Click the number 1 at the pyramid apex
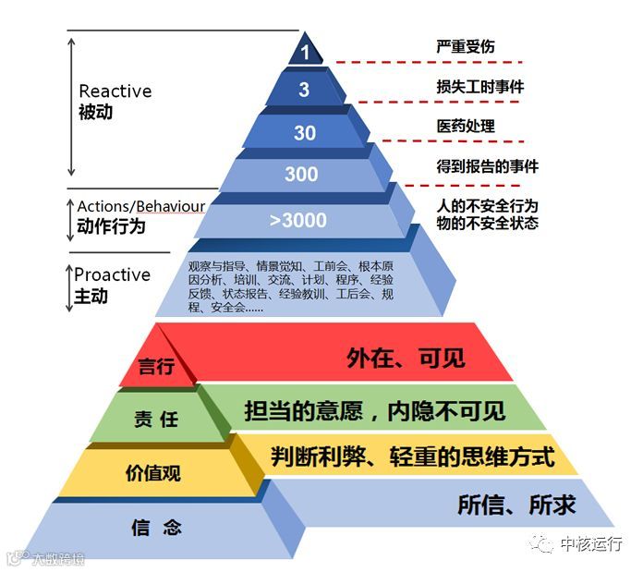click(305, 54)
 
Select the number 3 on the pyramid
click(305, 91)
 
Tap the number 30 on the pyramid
click(305, 133)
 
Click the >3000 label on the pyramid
click(297, 221)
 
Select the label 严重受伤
click(466, 45)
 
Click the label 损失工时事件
click(480, 86)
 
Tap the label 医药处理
click(466, 127)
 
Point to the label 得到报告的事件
click(487, 167)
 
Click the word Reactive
click(115, 91)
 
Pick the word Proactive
click(112, 275)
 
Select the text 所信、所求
click(517, 505)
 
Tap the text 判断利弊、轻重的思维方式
click(413, 456)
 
